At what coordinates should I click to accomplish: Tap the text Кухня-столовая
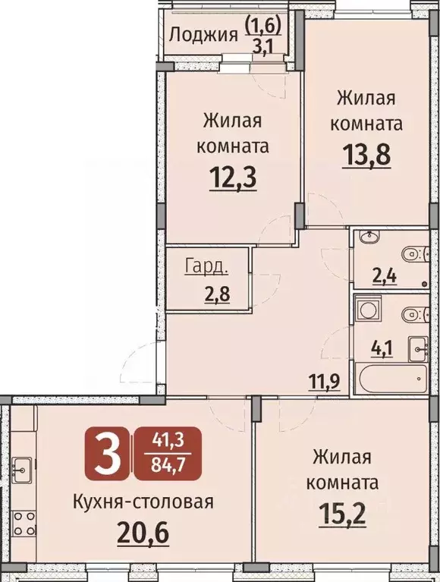coord(143,501)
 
